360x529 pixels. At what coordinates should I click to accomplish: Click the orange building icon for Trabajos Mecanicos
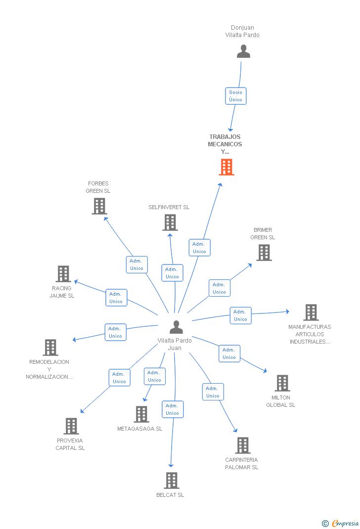[x=226, y=167]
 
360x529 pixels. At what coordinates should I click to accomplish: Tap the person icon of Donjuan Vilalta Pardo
[x=243, y=51]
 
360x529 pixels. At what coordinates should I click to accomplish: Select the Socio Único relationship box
[x=236, y=96]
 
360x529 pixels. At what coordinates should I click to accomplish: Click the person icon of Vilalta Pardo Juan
[x=176, y=327]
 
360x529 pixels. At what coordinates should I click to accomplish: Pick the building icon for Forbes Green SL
[x=99, y=206]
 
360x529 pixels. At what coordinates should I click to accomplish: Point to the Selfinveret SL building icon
[x=170, y=222]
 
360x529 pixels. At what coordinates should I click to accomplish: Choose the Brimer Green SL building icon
[x=264, y=252]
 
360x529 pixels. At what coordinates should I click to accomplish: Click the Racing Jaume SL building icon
[x=63, y=273]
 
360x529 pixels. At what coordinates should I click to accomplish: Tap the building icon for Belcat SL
[x=172, y=481]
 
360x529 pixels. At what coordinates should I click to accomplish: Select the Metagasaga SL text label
[x=139, y=429]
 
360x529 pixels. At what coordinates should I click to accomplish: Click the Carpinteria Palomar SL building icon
[x=243, y=445]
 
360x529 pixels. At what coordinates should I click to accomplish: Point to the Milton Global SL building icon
[x=282, y=383]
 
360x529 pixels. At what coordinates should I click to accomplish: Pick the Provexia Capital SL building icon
[x=71, y=426]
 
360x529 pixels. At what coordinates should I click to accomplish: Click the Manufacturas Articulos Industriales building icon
[x=311, y=312]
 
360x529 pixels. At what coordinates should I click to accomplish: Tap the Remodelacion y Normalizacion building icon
[x=50, y=348]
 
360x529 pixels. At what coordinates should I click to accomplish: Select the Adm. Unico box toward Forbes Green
[x=136, y=264]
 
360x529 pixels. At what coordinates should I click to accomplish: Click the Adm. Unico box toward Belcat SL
[x=173, y=409]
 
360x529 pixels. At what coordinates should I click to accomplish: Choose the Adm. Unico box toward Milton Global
[x=229, y=353]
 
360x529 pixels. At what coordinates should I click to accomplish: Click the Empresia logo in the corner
[x=340, y=523]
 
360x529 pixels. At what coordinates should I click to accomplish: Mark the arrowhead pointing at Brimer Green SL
[x=250, y=265]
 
